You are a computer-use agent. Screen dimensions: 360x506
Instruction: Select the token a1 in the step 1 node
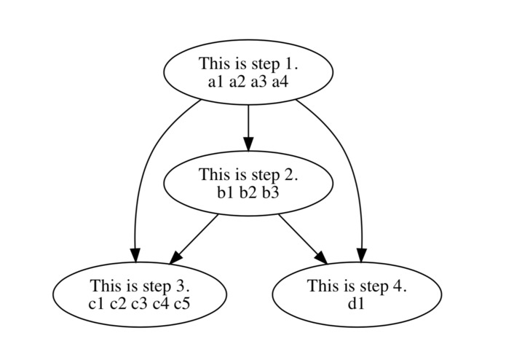pyautogui.click(x=216, y=81)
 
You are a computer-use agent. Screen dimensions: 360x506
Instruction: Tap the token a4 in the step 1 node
pyautogui.click(x=280, y=81)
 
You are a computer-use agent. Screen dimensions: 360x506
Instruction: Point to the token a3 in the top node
pyautogui.click(x=259, y=81)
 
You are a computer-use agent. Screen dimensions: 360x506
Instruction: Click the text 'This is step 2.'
pyautogui.click(x=248, y=175)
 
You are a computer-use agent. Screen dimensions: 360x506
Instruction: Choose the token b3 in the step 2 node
pyautogui.click(x=270, y=192)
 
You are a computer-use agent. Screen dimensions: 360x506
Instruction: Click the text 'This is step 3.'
pyautogui.click(x=139, y=286)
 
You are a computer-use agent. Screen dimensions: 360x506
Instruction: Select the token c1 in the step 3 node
pyautogui.click(x=96, y=302)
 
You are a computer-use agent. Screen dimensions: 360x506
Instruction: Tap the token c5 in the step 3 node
pyautogui.click(x=182, y=302)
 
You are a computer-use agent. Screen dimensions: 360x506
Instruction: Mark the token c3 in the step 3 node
pyautogui.click(x=139, y=302)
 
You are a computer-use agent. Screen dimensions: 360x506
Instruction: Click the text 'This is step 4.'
pyautogui.click(x=356, y=286)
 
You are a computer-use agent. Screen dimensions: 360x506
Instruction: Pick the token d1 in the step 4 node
pyautogui.click(x=356, y=302)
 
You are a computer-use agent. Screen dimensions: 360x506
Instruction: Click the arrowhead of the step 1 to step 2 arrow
pyautogui.click(x=248, y=144)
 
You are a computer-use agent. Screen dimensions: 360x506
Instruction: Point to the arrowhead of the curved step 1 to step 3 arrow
pyautogui.click(x=135, y=255)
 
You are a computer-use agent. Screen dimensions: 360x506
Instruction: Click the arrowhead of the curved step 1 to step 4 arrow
pyautogui.click(x=360, y=255)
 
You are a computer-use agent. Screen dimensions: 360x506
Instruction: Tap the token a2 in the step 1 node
pyautogui.click(x=237, y=81)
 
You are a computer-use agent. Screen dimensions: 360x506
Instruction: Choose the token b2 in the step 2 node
pyautogui.click(x=248, y=192)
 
